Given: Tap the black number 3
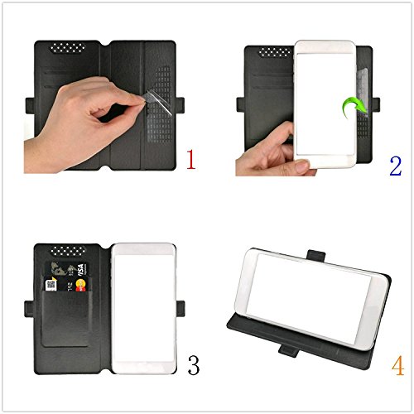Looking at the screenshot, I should click(192, 364).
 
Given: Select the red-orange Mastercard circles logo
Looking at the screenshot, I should click(81, 287).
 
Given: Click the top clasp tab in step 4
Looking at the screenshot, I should click(315, 255).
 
